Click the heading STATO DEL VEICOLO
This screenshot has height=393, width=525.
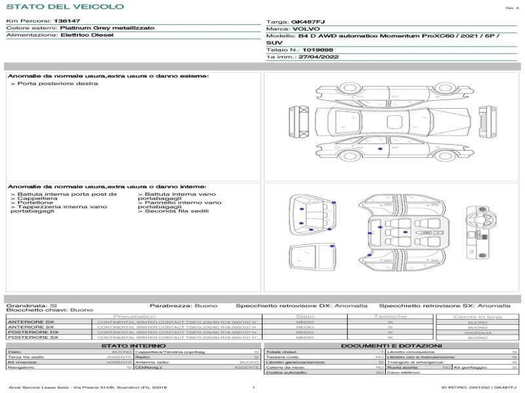(64, 7)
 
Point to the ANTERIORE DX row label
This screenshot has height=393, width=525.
(30, 322)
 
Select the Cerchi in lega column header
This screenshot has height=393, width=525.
(477, 316)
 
